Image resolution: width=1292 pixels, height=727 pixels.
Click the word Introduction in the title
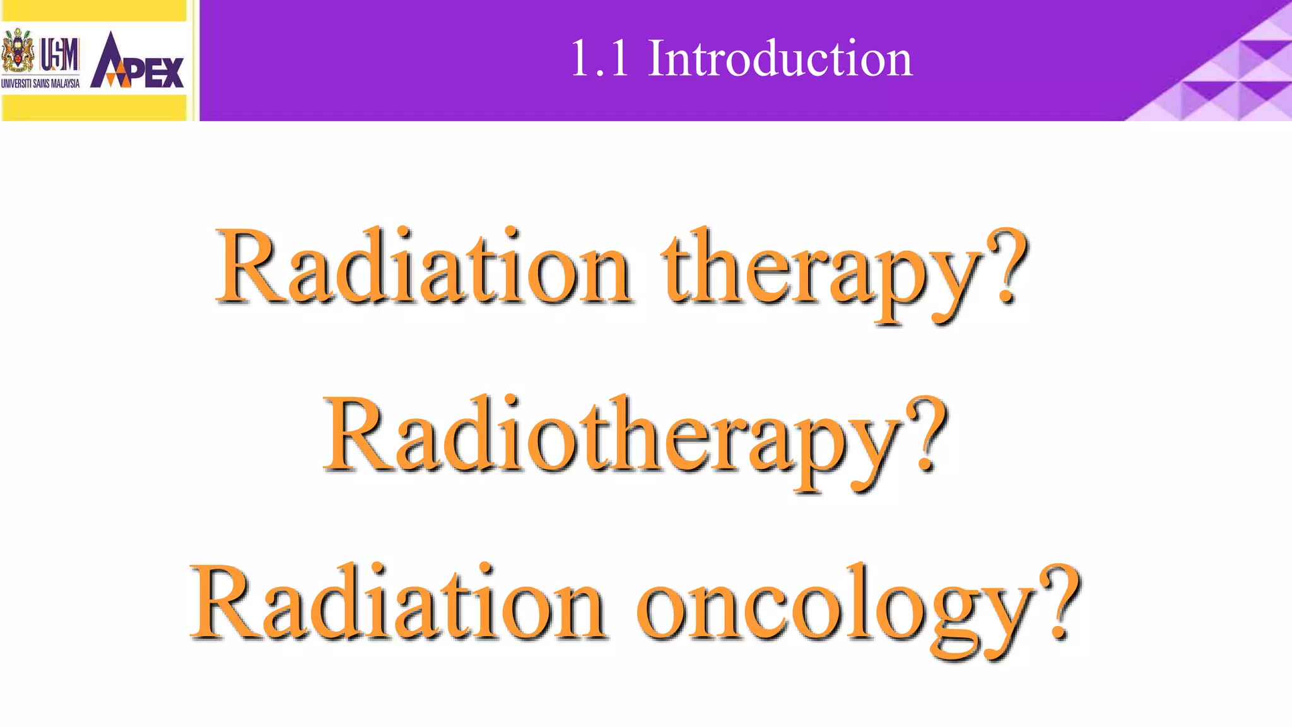pos(780,59)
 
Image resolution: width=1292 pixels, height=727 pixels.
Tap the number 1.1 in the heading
pos(600,59)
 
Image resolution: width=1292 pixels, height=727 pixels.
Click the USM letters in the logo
pos(60,54)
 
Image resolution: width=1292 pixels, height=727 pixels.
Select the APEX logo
pos(137,61)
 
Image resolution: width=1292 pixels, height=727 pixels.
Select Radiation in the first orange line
pos(423,268)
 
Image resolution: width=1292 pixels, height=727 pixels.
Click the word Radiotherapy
pos(612,439)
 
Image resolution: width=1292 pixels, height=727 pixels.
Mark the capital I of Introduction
pos(657,59)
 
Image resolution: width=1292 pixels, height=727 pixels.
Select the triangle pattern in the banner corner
pos(1230,76)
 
